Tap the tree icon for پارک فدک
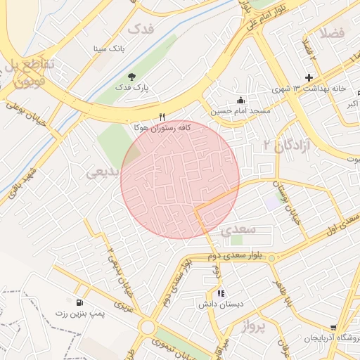(131, 77)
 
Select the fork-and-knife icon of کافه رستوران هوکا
(162, 117)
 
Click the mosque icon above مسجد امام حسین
(241, 99)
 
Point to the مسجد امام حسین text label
(234, 111)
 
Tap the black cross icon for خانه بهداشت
(308, 77)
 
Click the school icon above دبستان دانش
(221, 293)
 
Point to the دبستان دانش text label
(221, 304)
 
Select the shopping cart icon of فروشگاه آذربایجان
(333, 328)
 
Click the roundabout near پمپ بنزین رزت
(148, 327)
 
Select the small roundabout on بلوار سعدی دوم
(272, 257)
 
